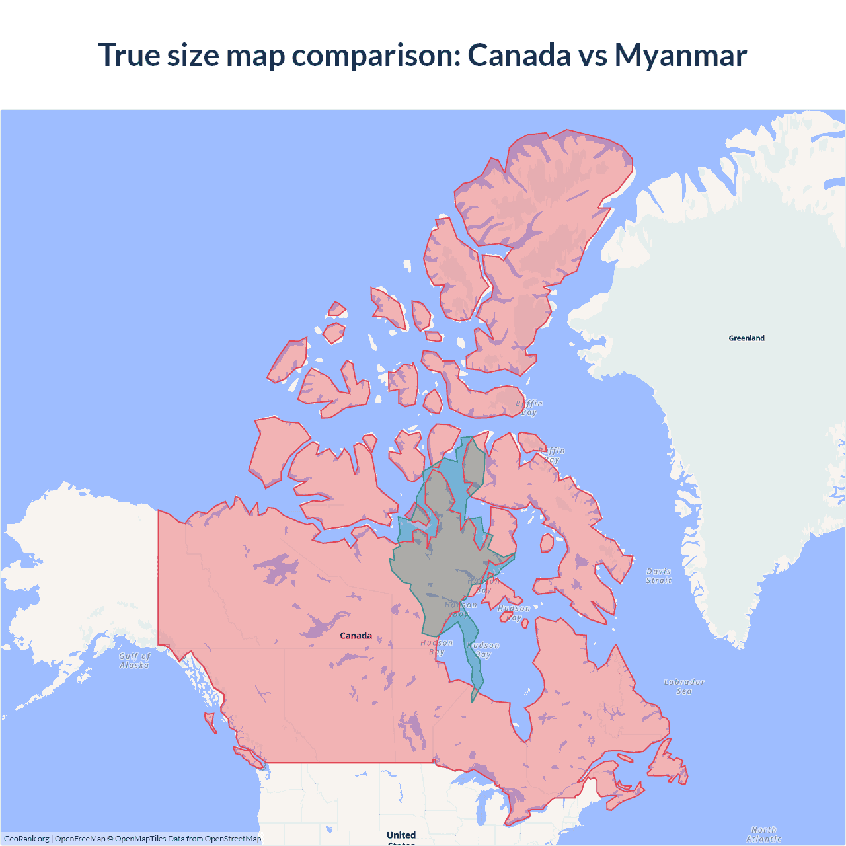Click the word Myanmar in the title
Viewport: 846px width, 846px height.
click(680, 56)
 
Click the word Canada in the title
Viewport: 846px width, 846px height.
click(519, 56)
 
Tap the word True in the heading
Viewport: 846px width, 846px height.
click(129, 56)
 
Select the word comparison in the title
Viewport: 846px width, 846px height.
click(376, 56)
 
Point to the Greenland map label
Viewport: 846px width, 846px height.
click(746, 338)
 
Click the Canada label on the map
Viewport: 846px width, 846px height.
click(356, 636)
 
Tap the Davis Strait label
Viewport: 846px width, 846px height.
click(658, 576)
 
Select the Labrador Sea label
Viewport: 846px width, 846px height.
click(684, 687)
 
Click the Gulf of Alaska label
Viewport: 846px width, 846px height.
click(135, 661)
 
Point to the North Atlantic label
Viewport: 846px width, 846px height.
click(763, 834)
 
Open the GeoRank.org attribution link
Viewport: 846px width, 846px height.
click(26, 839)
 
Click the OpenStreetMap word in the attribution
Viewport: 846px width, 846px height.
click(233, 839)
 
